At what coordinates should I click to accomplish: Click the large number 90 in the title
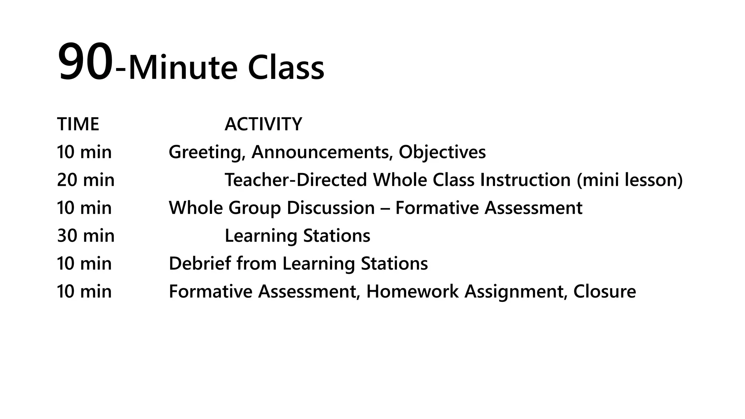pyautogui.click(x=85, y=62)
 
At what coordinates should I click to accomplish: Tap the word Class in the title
pyautogui.click(x=286, y=68)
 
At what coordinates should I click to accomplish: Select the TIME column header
pyautogui.click(x=78, y=124)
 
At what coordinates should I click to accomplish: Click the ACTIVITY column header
pyautogui.click(x=263, y=124)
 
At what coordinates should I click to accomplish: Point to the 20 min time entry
pyautogui.click(x=85, y=180)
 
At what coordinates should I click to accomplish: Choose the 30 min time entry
pyautogui.click(x=85, y=236)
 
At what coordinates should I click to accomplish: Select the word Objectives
pyautogui.click(x=442, y=152)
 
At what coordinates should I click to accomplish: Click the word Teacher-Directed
pyautogui.click(x=296, y=180)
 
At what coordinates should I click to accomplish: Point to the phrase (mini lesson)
pyautogui.click(x=630, y=180)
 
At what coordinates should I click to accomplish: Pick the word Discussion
pyautogui.click(x=331, y=208)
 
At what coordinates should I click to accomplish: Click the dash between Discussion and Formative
pyautogui.click(x=385, y=208)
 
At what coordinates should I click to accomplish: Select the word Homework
pyautogui.click(x=412, y=291)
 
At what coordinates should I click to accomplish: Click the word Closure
pyautogui.click(x=605, y=291)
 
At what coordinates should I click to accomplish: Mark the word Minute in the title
pyautogui.click(x=183, y=68)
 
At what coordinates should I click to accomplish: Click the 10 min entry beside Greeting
pyautogui.click(x=84, y=152)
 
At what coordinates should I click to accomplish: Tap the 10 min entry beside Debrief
pyautogui.click(x=84, y=263)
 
